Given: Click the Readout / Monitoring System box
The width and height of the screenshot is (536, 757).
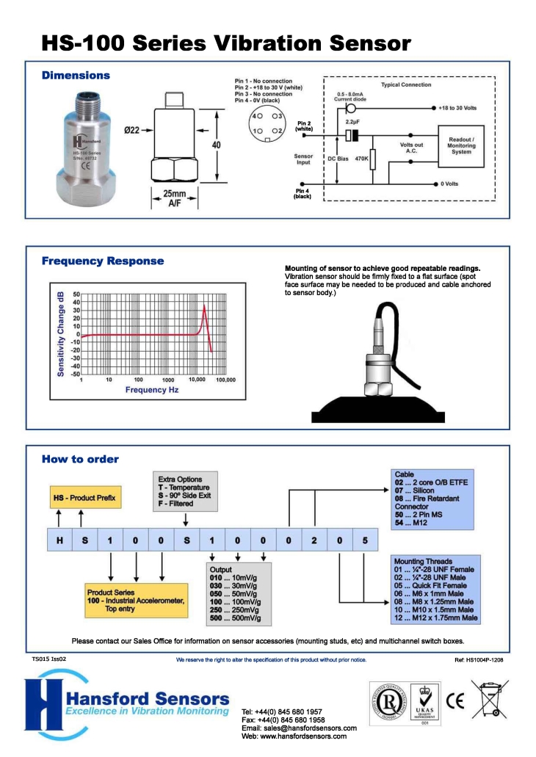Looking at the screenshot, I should (x=461, y=145).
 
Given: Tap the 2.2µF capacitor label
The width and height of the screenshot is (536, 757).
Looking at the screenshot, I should (x=352, y=121).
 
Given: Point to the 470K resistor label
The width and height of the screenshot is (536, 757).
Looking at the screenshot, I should (x=361, y=158).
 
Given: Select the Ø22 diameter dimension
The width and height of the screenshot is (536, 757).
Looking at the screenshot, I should (x=132, y=129).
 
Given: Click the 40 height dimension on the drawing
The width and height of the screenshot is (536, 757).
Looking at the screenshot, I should (x=216, y=145).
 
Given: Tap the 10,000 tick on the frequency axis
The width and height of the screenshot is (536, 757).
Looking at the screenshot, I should (x=196, y=380).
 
